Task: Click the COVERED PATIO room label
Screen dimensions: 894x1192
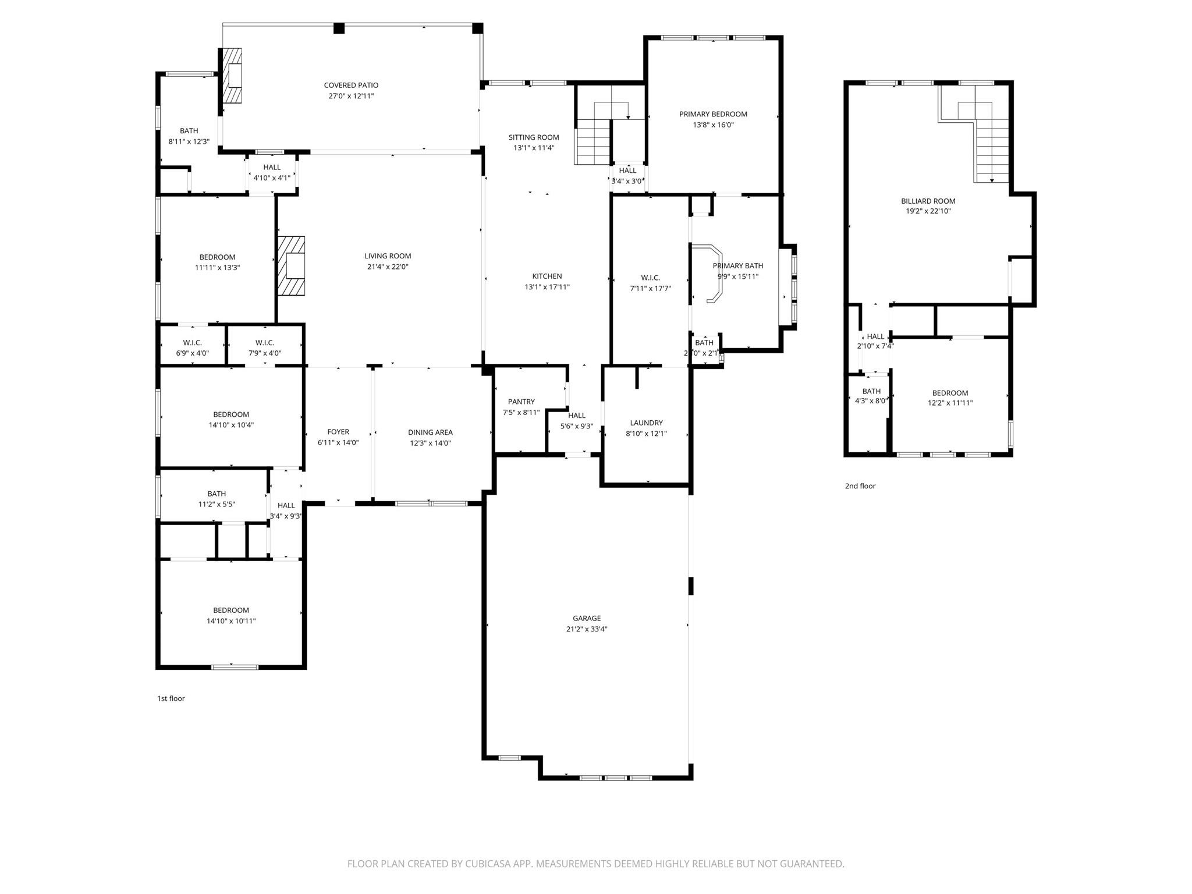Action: pyautogui.click(x=351, y=86)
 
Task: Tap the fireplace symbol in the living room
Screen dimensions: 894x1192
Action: pyautogui.click(x=292, y=266)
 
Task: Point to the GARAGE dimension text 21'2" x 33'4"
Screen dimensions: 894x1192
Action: pyautogui.click(x=586, y=629)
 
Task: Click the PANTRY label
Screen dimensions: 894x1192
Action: pyautogui.click(x=521, y=402)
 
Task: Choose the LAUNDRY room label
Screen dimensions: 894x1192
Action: pyautogui.click(x=646, y=423)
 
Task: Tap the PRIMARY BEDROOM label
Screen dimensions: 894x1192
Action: pyautogui.click(x=713, y=114)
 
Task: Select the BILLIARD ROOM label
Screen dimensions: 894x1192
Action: pyautogui.click(x=928, y=201)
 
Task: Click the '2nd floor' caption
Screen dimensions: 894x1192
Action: pyautogui.click(x=860, y=486)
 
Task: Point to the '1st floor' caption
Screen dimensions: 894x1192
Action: pyautogui.click(x=171, y=698)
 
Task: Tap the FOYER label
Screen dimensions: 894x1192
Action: pyautogui.click(x=338, y=432)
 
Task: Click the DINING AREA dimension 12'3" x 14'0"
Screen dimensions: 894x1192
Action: pyautogui.click(x=430, y=443)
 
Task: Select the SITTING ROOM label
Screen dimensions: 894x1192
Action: pyautogui.click(x=534, y=137)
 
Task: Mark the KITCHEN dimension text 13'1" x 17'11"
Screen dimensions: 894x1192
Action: pyautogui.click(x=547, y=287)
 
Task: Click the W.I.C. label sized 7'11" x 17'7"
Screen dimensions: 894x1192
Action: pyautogui.click(x=650, y=278)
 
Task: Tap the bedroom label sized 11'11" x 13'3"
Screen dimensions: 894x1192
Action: pyautogui.click(x=217, y=257)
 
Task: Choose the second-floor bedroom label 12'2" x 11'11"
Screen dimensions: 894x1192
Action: pyautogui.click(x=950, y=393)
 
